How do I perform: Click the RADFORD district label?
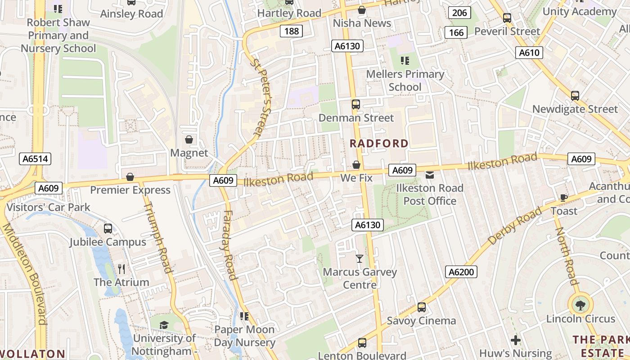click(379, 144)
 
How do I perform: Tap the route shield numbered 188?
click(291, 31)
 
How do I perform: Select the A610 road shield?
click(529, 53)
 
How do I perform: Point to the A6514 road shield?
click(36, 159)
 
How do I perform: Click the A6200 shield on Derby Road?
click(462, 272)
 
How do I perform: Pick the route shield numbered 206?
click(459, 13)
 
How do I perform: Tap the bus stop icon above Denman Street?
click(356, 104)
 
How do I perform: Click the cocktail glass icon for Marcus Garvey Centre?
click(359, 258)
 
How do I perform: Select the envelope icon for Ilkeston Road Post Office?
click(430, 175)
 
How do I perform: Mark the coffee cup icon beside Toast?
click(563, 197)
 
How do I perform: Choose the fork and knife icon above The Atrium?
click(121, 269)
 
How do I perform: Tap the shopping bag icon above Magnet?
click(189, 139)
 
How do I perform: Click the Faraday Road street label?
click(229, 245)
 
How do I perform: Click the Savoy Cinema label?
click(421, 321)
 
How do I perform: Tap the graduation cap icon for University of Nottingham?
click(164, 325)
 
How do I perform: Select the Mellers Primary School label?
click(405, 80)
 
